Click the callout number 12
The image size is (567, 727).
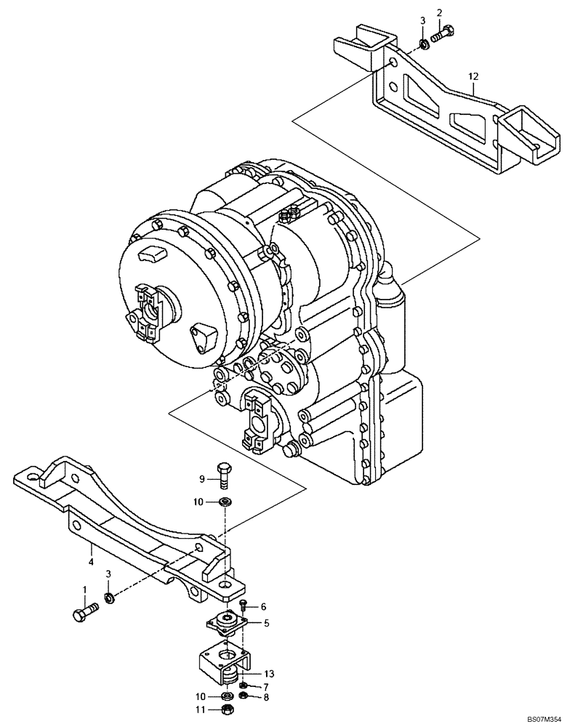(473, 76)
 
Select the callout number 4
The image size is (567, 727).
(91, 561)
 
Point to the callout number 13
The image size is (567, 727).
(270, 674)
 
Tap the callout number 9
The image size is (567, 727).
(204, 478)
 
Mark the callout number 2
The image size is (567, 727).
(439, 12)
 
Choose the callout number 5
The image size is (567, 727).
(266, 622)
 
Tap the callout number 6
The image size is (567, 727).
(263, 606)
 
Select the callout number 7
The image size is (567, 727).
(266, 687)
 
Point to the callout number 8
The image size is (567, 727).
(266, 698)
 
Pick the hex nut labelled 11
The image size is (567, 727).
(226, 710)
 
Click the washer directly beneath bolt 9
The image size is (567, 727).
(226, 502)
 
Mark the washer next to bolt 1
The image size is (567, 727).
(109, 599)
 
